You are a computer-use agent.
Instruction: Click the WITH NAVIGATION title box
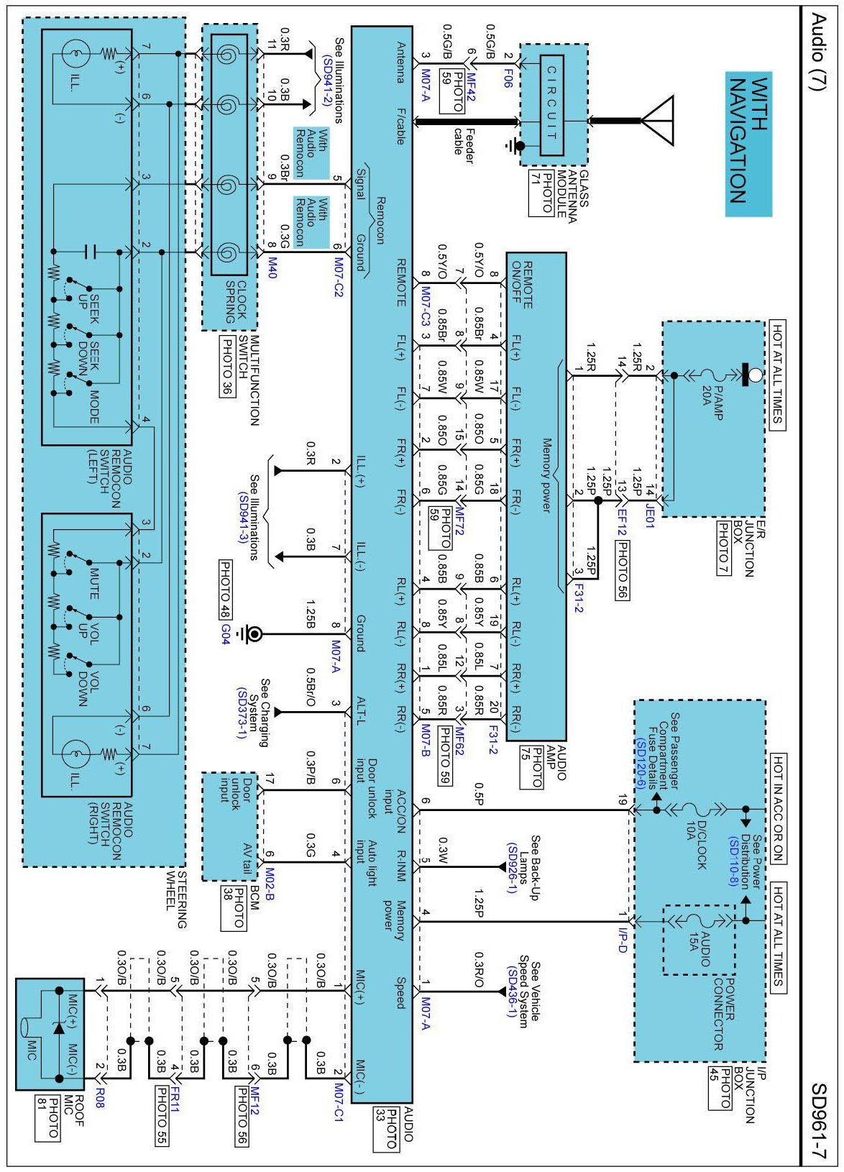click(x=748, y=144)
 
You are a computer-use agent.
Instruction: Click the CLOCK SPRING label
click(x=236, y=301)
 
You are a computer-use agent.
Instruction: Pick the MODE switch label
click(x=93, y=406)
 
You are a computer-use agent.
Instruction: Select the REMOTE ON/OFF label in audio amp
click(x=522, y=285)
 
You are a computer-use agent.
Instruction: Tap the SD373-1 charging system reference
click(x=242, y=712)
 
